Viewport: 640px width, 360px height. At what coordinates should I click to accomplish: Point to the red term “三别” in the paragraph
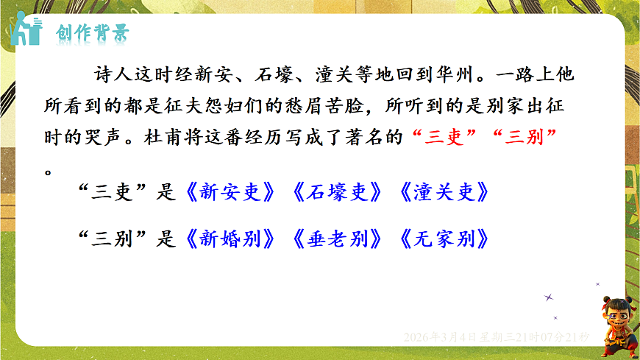pos(525,138)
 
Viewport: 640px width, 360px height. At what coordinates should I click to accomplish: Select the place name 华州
pos(460,74)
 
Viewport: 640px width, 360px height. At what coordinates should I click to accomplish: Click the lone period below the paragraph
pos(48,171)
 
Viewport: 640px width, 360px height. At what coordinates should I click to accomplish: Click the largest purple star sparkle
pos(548,297)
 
